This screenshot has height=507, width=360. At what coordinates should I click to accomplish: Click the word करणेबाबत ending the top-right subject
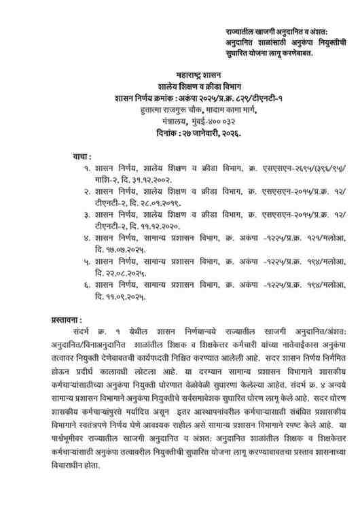(289, 54)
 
